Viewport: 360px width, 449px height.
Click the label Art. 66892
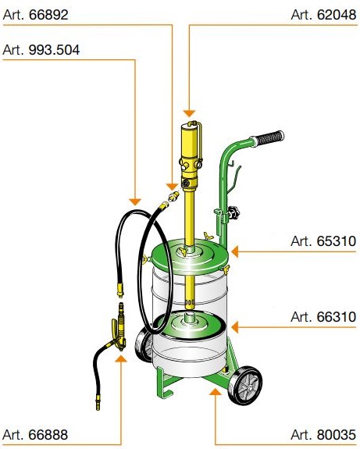coord(35,15)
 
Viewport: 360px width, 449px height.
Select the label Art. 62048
coord(323,15)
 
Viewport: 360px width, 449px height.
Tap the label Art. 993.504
coord(41,50)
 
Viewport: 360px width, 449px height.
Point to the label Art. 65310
coord(323,241)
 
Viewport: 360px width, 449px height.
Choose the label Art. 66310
coord(323,317)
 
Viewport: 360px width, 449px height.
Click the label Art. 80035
coord(323,435)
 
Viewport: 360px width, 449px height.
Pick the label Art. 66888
coord(35,435)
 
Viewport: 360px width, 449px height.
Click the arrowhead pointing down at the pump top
coord(189,113)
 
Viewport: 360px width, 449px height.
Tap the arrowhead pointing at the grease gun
coord(121,358)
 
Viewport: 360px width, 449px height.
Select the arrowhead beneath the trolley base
coord(215,392)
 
